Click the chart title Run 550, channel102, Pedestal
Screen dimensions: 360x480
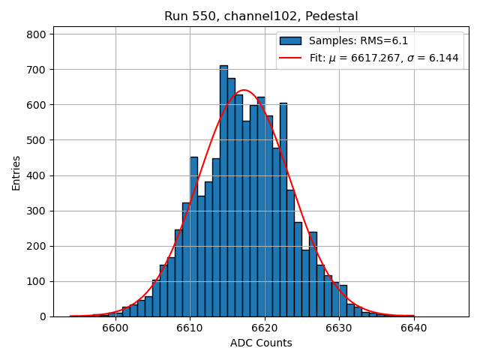pos(261,16)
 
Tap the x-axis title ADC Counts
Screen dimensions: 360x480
pos(261,343)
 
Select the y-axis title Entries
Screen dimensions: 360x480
pos(16,173)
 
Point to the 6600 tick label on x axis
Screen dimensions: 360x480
pos(115,328)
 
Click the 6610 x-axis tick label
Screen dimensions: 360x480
pos(190,328)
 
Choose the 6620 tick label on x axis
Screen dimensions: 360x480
pos(264,328)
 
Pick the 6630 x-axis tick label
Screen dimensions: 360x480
pos(338,328)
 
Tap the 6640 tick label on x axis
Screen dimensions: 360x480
pos(413,328)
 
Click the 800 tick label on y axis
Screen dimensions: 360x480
pos(37,34)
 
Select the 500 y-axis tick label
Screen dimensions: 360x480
pos(37,140)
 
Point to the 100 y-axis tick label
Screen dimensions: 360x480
pos(37,282)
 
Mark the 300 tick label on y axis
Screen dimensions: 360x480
pos(37,211)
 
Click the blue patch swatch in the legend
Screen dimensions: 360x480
pos(290,41)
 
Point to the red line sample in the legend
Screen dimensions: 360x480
pos(290,58)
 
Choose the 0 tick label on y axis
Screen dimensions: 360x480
pos(42,317)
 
